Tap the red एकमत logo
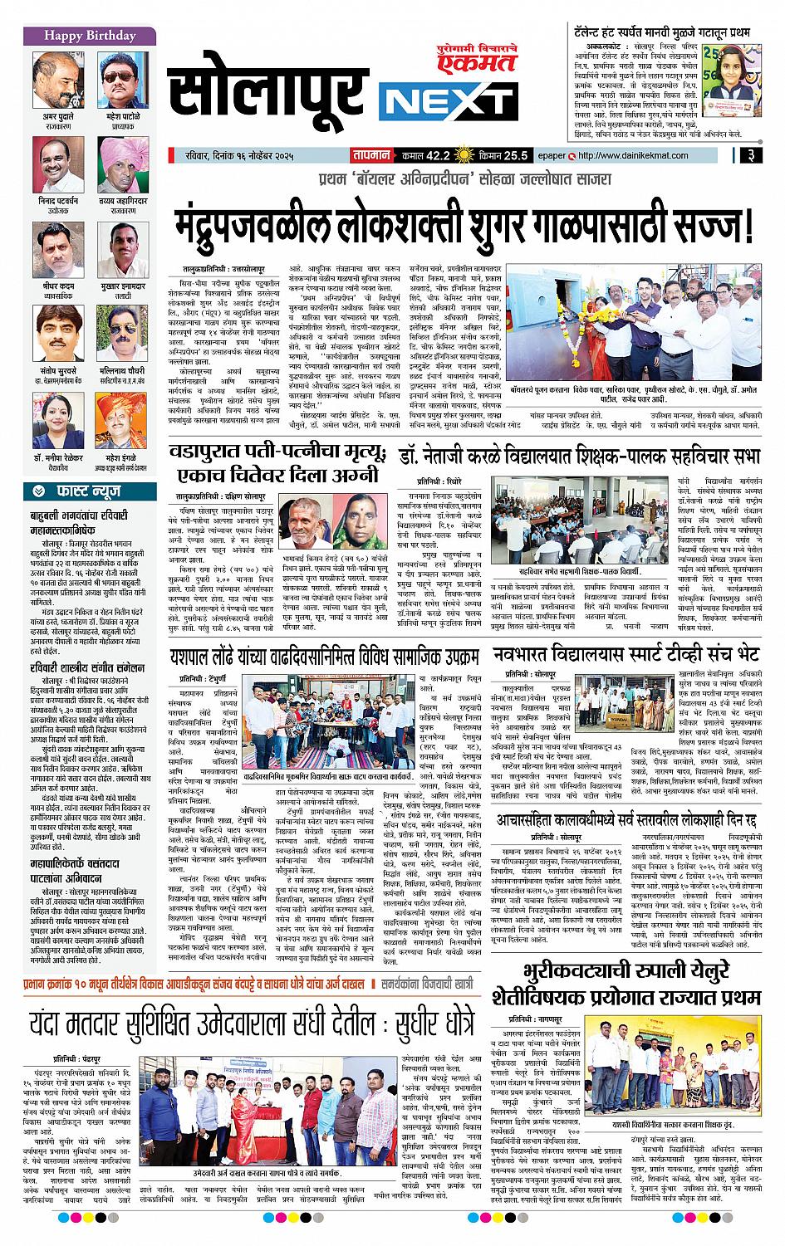pos(486,56)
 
